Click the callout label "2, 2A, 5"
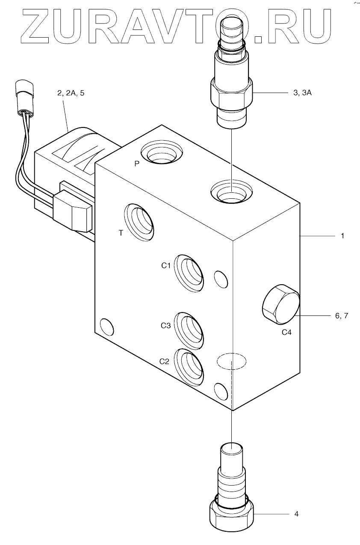click(x=71, y=93)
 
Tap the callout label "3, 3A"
click(x=302, y=93)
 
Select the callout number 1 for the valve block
click(x=342, y=235)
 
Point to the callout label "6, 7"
click(x=342, y=316)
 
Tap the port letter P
click(x=136, y=164)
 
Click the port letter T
click(x=121, y=233)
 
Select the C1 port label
click(x=166, y=265)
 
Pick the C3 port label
click(x=165, y=326)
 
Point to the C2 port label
click(x=165, y=361)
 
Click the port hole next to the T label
click(x=139, y=221)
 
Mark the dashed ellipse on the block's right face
click(x=231, y=362)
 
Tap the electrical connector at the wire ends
click(x=24, y=91)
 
